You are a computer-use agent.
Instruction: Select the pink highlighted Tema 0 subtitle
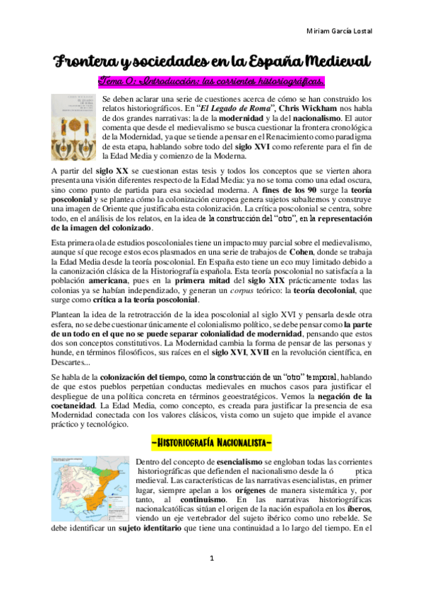211,81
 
